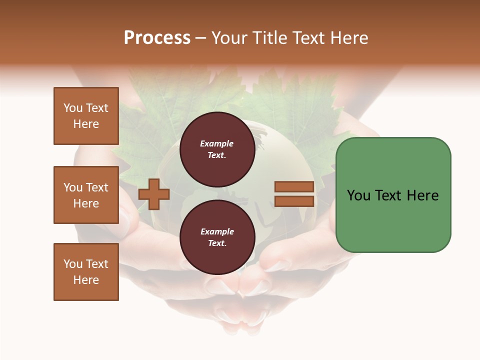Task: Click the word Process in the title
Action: [x=157, y=38]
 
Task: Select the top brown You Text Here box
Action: [x=86, y=116]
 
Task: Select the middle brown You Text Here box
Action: [x=86, y=195]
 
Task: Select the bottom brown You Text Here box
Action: [x=86, y=272]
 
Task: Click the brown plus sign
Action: [x=154, y=194]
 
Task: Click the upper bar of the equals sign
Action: [x=294, y=187]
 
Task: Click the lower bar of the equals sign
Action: [x=294, y=201]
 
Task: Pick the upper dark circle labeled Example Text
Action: [x=217, y=149]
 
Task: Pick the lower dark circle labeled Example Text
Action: [x=217, y=237]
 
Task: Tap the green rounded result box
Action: [x=393, y=195]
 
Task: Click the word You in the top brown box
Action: [x=73, y=108]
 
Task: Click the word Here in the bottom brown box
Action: [x=86, y=280]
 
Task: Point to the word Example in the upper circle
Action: [x=217, y=143]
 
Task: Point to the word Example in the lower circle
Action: [x=217, y=231]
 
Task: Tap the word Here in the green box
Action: [x=422, y=195]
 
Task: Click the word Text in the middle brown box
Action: [x=97, y=187]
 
